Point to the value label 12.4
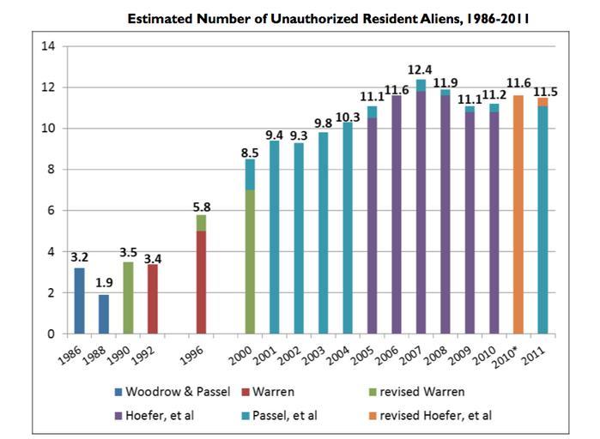[x=421, y=69]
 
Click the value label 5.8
[x=201, y=205]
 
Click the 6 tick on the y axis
[x=52, y=211]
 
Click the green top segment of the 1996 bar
[x=202, y=223]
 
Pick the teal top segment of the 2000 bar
[x=250, y=174]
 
